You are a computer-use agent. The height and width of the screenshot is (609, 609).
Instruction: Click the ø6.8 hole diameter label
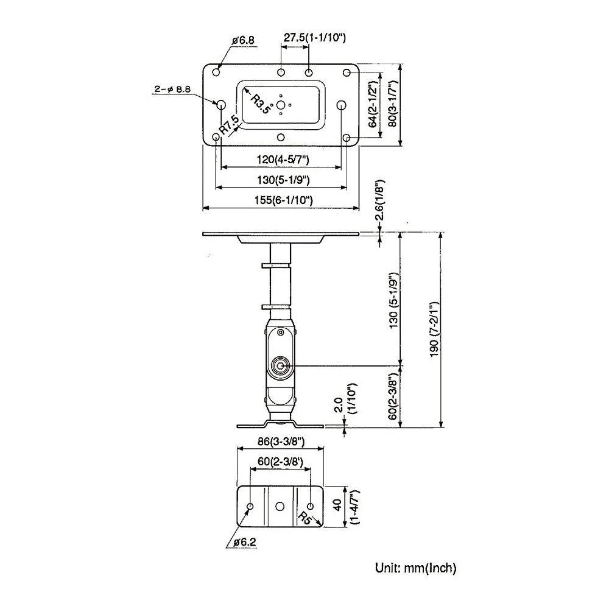(243, 41)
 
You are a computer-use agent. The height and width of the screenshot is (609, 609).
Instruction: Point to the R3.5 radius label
(262, 104)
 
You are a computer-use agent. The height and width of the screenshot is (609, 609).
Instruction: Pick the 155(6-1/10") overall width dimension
(280, 200)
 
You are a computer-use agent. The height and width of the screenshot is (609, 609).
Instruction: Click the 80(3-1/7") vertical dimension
(393, 104)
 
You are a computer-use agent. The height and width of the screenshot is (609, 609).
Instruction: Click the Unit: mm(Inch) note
(415, 569)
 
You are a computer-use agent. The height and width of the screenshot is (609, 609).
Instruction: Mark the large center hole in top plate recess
(281, 105)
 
